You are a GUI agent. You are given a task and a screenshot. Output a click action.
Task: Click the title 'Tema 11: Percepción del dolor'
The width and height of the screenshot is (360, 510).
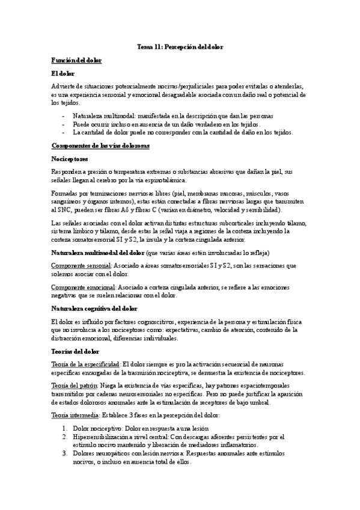click(x=180, y=46)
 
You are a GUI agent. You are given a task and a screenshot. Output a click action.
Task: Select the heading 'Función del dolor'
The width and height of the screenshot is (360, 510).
click(x=76, y=61)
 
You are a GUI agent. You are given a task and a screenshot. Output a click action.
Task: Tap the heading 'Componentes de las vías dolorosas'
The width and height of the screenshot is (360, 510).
click(x=100, y=146)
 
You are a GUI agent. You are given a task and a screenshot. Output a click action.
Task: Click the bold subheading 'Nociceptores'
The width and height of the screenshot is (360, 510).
click(x=69, y=159)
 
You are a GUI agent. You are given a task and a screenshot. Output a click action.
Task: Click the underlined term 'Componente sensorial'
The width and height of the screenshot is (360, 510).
click(x=81, y=265)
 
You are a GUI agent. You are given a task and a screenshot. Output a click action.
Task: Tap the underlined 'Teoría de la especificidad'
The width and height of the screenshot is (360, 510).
click(x=85, y=364)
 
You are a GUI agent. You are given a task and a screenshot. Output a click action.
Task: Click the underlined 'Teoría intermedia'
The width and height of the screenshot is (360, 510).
click(x=75, y=415)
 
